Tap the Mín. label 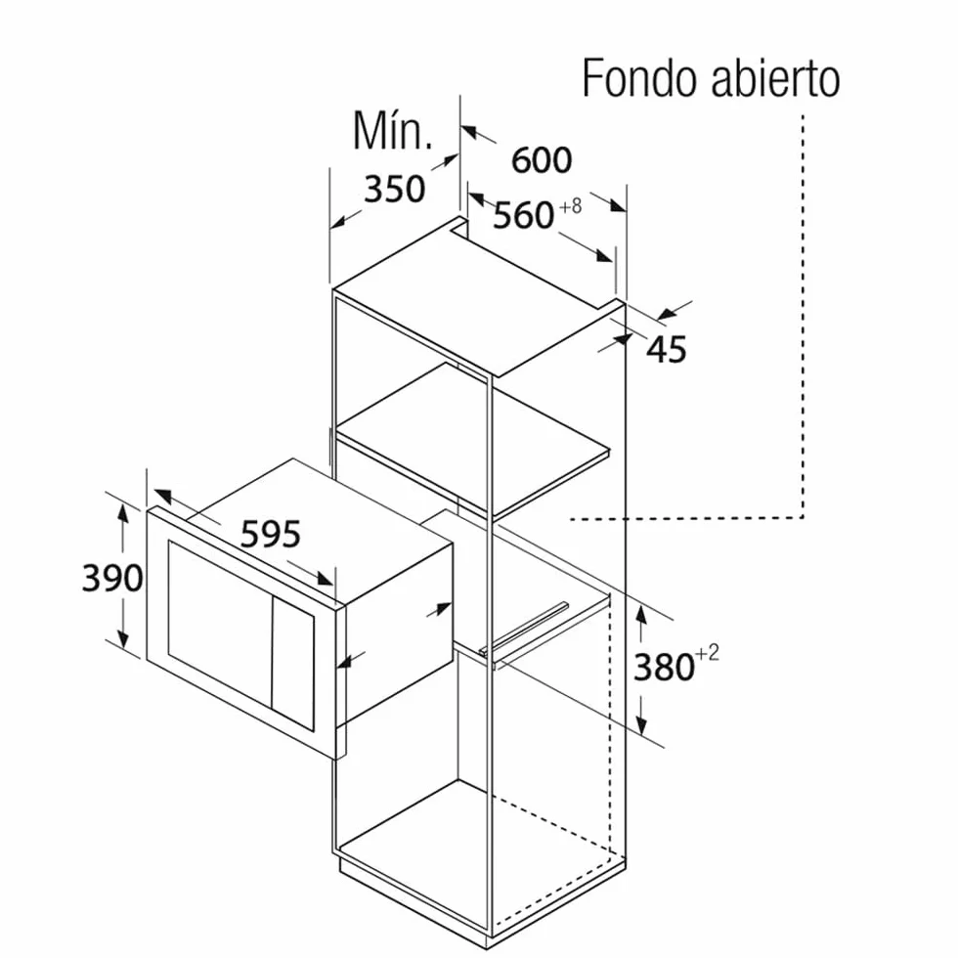pos(392,131)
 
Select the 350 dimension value pos(394,189)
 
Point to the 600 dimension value pos(542,160)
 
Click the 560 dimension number pos(524,216)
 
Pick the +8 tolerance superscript pos(571,206)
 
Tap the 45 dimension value pos(667,350)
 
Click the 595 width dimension pos(271,534)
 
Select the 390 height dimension pos(112,578)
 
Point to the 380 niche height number pos(664,667)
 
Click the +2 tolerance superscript pos(708,653)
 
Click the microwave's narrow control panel pos(292,664)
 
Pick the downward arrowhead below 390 pos(123,637)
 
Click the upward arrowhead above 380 pos(641,614)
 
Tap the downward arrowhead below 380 pos(641,724)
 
